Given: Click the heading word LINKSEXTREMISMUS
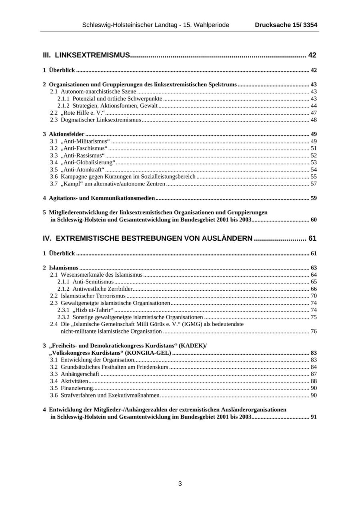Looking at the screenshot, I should click(92, 55).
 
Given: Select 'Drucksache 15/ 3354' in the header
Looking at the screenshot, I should click(286, 25).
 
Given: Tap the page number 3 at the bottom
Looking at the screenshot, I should click(180, 483).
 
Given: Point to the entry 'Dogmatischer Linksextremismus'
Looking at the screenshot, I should click(101, 120).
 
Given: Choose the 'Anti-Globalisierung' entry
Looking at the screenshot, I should click(88, 162).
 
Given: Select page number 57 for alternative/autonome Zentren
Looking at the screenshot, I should click(314, 184).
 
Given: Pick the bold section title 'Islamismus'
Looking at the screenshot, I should click(64, 267).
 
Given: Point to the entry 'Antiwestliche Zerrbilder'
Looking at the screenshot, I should click(102, 289).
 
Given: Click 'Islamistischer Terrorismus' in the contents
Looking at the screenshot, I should click(93, 296).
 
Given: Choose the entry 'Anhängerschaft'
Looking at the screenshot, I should click(80, 374).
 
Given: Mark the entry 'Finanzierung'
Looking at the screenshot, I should click(77, 388).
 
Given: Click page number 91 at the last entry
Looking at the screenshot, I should click(314, 417).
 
